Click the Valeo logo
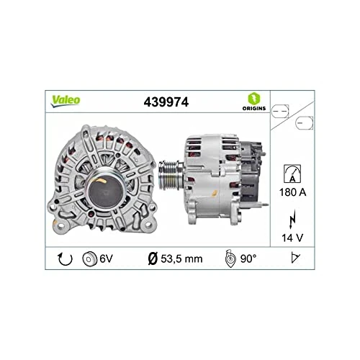pos(66,100)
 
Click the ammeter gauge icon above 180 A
pos(291,174)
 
